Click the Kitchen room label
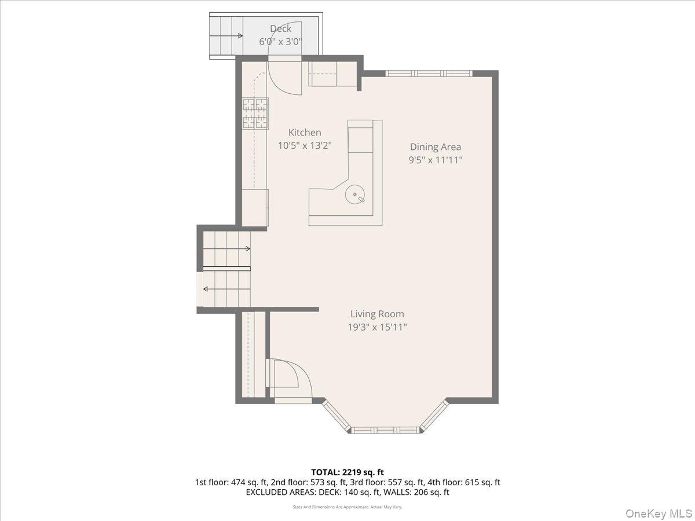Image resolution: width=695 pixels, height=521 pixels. click(305, 132)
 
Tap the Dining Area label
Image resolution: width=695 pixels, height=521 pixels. click(436, 147)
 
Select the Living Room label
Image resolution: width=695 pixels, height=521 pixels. click(377, 314)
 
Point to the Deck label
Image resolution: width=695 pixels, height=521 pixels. click(280, 28)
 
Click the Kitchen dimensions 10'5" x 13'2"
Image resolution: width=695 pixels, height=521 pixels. click(305, 145)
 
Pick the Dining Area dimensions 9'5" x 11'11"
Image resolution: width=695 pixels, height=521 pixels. click(436, 160)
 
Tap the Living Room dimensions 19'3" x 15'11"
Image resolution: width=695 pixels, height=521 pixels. click(377, 327)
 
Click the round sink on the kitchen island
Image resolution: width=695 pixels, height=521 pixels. click(354, 195)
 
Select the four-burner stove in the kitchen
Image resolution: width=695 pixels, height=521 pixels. click(255, 113)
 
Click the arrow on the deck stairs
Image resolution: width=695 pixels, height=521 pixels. click(226, 36)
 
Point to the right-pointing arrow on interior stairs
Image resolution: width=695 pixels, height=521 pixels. click(226, 249)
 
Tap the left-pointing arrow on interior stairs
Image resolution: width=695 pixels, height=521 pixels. click(226, 289)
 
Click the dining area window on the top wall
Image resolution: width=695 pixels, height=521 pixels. click(429, 74)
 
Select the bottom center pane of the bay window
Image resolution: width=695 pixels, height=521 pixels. click(385, 430)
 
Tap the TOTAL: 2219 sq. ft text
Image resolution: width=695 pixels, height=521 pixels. click(348, 472)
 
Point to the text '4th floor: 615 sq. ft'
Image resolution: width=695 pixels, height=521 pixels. click(463, 482)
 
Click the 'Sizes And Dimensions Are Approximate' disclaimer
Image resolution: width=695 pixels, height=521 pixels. click(348, 507)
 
